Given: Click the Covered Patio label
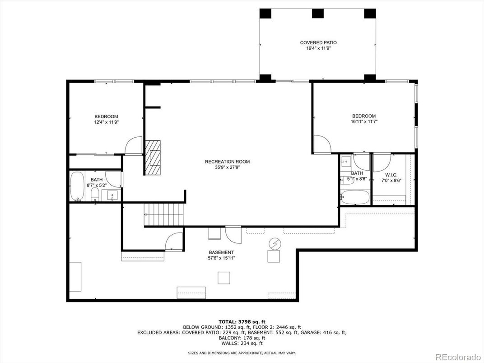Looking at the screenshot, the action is (318, 42).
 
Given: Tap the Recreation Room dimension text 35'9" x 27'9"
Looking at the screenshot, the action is (228, 168).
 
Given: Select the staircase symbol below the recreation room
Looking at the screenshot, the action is (164, 215).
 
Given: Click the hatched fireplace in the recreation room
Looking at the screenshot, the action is (153, 158).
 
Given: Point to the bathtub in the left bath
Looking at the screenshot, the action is (77, 186).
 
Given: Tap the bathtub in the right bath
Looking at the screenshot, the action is (355, 197).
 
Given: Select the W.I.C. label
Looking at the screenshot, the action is (391, 175).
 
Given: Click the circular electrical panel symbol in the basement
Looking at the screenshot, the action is (275, 244).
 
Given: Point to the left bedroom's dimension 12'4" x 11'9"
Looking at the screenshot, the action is (106, 122).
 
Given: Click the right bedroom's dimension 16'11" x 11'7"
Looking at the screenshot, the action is (364, 121).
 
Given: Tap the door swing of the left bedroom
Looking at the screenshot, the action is (134, 146).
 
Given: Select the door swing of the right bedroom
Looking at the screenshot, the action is (322, 144).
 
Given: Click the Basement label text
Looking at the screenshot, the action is (221, 252).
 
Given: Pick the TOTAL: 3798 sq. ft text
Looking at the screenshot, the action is (242, 321).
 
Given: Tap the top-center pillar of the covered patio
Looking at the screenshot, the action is (318, 13).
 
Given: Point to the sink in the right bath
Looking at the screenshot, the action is (346, 161).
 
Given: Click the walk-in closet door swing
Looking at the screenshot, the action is (382, 163).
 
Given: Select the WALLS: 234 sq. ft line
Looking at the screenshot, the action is (242, 343).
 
